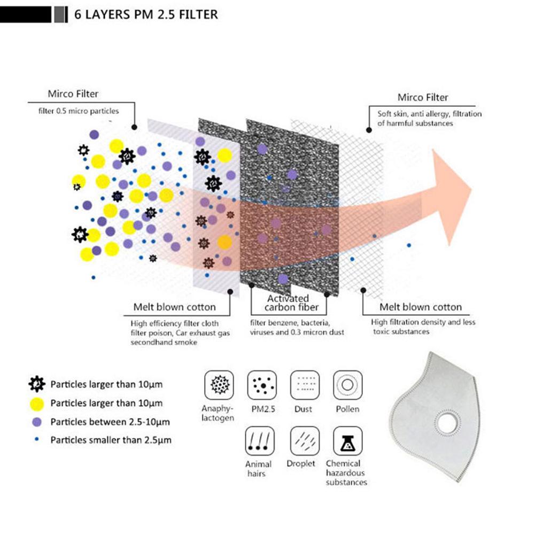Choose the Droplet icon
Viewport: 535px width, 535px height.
tap(304, 441)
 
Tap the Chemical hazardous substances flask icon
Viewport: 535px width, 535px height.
tap(347, 441)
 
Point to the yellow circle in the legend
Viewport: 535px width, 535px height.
tap(36, 403)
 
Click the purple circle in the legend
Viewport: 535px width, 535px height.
tap(36, 422)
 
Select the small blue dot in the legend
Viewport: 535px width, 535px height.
tap(36, 439)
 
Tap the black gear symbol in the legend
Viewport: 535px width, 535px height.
tap(36, 384)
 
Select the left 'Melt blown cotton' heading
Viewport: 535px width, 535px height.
tap(175, 307)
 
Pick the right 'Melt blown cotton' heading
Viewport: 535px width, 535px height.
tap(420, 307)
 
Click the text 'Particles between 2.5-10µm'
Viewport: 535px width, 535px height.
tap(110, 422)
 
